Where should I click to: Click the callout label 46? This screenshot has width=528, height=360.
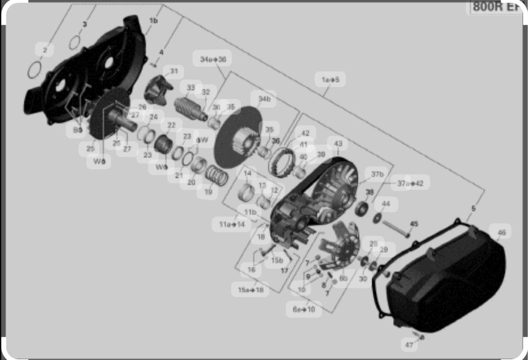pyautogui.click(x=501, y=232)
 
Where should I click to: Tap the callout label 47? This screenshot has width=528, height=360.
pyautogui.click(x=409, y=345)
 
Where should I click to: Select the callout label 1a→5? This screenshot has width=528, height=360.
pyautogui.click(x=330, y=79)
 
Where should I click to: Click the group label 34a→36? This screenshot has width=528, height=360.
pyautogui.click(x=213, y=60)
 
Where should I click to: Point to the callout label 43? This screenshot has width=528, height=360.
pyautogui.click(x=338, y=144)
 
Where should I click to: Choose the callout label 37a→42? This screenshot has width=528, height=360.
pyautogui.click(x=410, y=183)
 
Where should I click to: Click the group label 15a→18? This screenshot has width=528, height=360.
pyautogui.click(x=250, y=289)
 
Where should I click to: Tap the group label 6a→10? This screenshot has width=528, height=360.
pyautogui.click(x=304, y=309)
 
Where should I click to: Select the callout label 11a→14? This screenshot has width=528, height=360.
pyautogui.click(x=232, y=224)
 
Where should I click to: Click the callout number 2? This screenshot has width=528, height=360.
pyautogui.click(x=45, y=50)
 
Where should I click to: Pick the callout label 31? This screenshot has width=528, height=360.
pyautogui.click(x=174, y=71)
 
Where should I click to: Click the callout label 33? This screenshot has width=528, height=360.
pyautogui.click(x=191, y=88)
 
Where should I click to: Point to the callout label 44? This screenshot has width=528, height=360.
pyautogui.click(x=386, y=204)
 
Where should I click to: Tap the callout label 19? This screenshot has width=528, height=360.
pyautogui.click(x=208, y=192)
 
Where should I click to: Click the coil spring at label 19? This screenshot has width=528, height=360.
pyautogui.click(x=216, y=175)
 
